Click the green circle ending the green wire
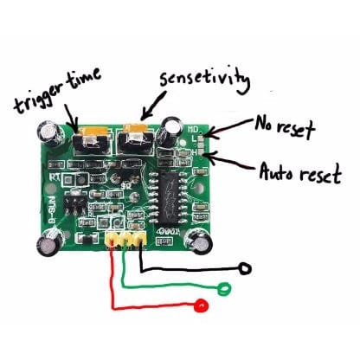pos(226,289)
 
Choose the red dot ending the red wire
pos(202,305)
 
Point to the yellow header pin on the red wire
pos(112,237)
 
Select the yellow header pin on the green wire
pos(125,237)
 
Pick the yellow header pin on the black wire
pos(138,237)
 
